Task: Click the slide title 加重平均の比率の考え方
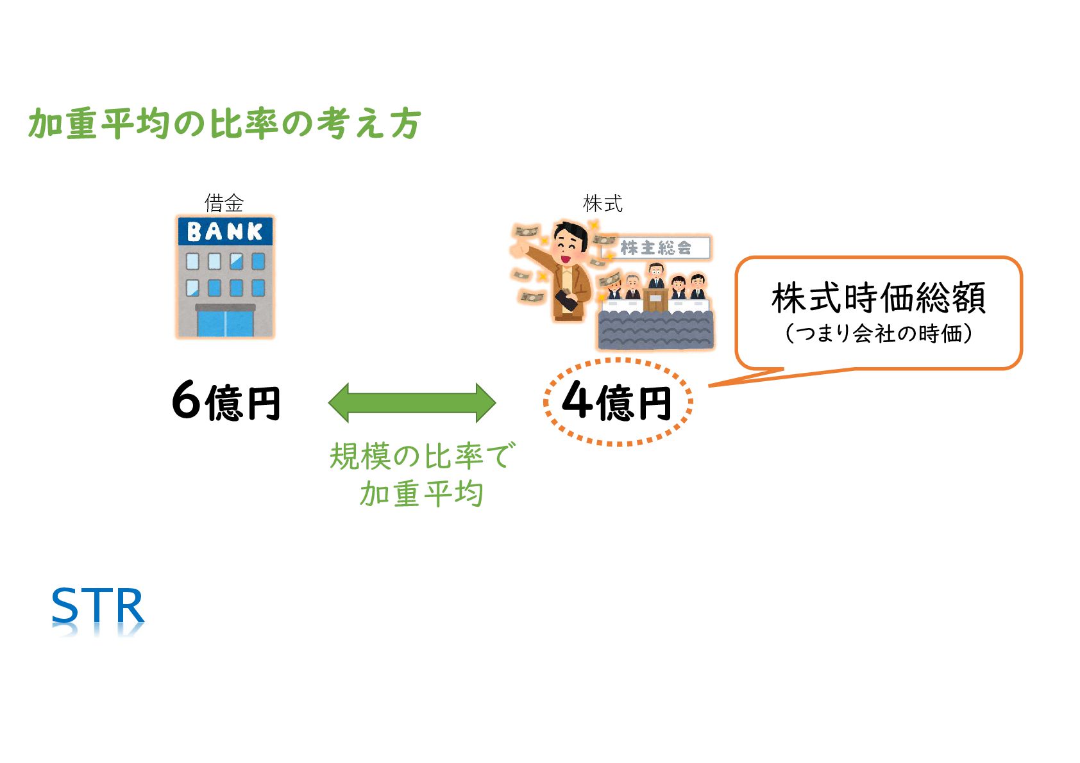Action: tap(224, 124)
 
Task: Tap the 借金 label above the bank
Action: tap(224, 203)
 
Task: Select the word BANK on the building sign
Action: tap(224, 231)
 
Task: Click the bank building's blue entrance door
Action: tap(225, 323)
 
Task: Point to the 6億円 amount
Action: tap(226, 402)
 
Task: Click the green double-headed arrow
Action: tap(412, 402)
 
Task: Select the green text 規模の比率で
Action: tap(421, 456)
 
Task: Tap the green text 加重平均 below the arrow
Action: tap(421, 494)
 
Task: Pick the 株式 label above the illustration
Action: tap(602, 204)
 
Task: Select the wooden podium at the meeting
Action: tap(655, 300)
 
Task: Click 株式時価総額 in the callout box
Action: tap(878, 298)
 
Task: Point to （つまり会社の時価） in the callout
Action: tap(878, 333)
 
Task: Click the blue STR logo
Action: tap(97, 606)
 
